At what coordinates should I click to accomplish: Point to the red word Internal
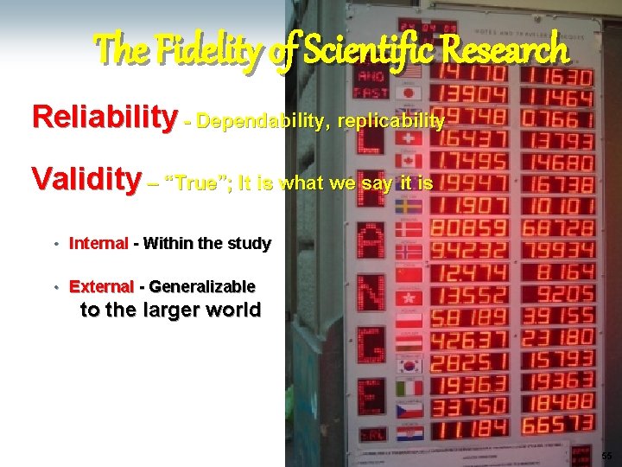point(98,244)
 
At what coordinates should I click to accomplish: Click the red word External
point(101,286)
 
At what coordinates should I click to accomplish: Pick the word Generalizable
point(202,286)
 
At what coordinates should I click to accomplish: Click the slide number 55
point(606,456)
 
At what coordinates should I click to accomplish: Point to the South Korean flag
point(409,366)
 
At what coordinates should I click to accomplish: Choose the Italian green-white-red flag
point(409,387)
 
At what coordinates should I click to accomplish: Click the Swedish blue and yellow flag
point(409,207)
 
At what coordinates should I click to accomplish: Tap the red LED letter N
point(371,292)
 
